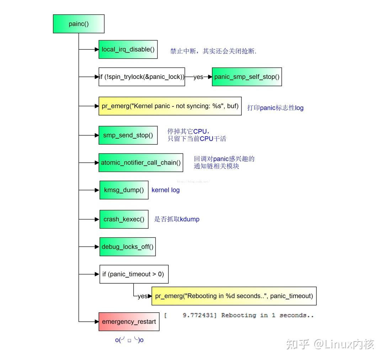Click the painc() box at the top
[x=79, y=24]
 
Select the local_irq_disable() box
[x=128, y=49]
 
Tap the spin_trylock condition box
[x=142, y=77]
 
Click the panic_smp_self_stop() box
[x=247, y=77]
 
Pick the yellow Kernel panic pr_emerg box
[x=170, y=106]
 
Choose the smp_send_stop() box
[x=128, y=135]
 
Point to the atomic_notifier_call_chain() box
[x=141, y=163]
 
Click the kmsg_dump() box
[x=124, y=190]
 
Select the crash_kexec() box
[x=124, y=219]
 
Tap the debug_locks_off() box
[x=128, y=247]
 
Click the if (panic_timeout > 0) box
[x=134, y=274]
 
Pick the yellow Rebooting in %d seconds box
[x=234, y=296]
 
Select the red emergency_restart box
[x=129, y=322]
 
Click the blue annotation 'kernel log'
[x=166, y=190]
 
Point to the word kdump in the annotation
[x=190, y=219]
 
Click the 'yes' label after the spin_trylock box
[x=198, y=77]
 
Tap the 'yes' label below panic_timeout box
[x=142, y=296]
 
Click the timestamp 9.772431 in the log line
[x=199, y=315]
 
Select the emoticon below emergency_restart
[x=129, y=340]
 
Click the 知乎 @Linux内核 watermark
[x=330, y=344]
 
